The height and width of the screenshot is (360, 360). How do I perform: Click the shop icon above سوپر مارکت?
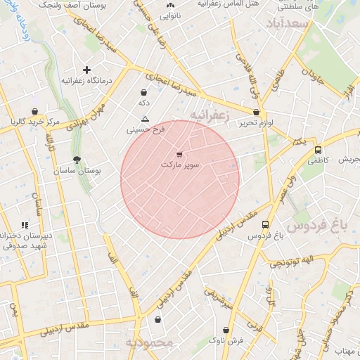pyautogui.click(x=179, y=155)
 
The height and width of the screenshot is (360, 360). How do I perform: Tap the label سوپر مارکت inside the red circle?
pyautogui.click(x=180, y=165)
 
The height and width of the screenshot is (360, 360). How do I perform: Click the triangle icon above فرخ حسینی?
pyautogui.click(x=145, y=119)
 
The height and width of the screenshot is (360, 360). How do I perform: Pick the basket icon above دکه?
pyautogui.click(x=144, y=92)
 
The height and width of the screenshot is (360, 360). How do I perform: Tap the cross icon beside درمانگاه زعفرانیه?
pyautogui.click(x=87, y=70)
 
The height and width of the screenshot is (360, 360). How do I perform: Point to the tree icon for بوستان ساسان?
pyautogui.click(x=77, y=160)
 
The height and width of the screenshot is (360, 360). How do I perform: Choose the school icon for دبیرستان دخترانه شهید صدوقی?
pyautogui.click(x=25, y=225)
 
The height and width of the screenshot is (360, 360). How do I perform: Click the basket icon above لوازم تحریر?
pyautogui.click(x=255, y=112)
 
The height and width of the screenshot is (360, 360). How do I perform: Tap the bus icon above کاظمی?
pyautogui.click(x=319, y=150)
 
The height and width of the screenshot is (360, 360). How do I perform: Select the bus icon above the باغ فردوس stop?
pyautogui.click(x=265, y=225)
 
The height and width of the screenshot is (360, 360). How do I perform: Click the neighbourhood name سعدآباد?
pyautogui.click(x=288, y=25)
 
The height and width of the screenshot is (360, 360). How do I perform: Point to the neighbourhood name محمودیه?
pyautogui.click(x=149, y=342)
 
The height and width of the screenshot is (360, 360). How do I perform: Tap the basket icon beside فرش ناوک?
pyautogui.click(x=226, y=330)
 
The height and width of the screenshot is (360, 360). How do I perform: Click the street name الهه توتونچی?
pyautogui.click(x=289, y=264)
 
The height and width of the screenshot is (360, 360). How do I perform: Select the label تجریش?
pyautogui.click(x=349, y=160)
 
